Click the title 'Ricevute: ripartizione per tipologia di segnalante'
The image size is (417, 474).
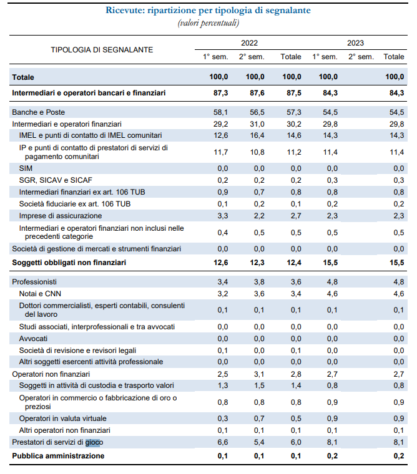point(208,11)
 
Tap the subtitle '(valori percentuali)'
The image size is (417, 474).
point(208,22)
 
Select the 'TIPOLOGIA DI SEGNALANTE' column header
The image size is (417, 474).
point(102,49)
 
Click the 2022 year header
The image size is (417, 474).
point(249,44)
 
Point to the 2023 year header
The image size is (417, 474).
point(356,44)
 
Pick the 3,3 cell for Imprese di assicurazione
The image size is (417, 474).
point(222,215)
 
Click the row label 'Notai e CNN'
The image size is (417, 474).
point(41,293)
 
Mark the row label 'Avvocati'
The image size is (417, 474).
point(35,339)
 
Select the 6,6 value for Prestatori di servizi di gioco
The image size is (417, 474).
point(222,443)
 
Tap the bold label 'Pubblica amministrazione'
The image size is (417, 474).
point(58,456)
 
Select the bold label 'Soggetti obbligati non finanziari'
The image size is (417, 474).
point(69,263)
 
